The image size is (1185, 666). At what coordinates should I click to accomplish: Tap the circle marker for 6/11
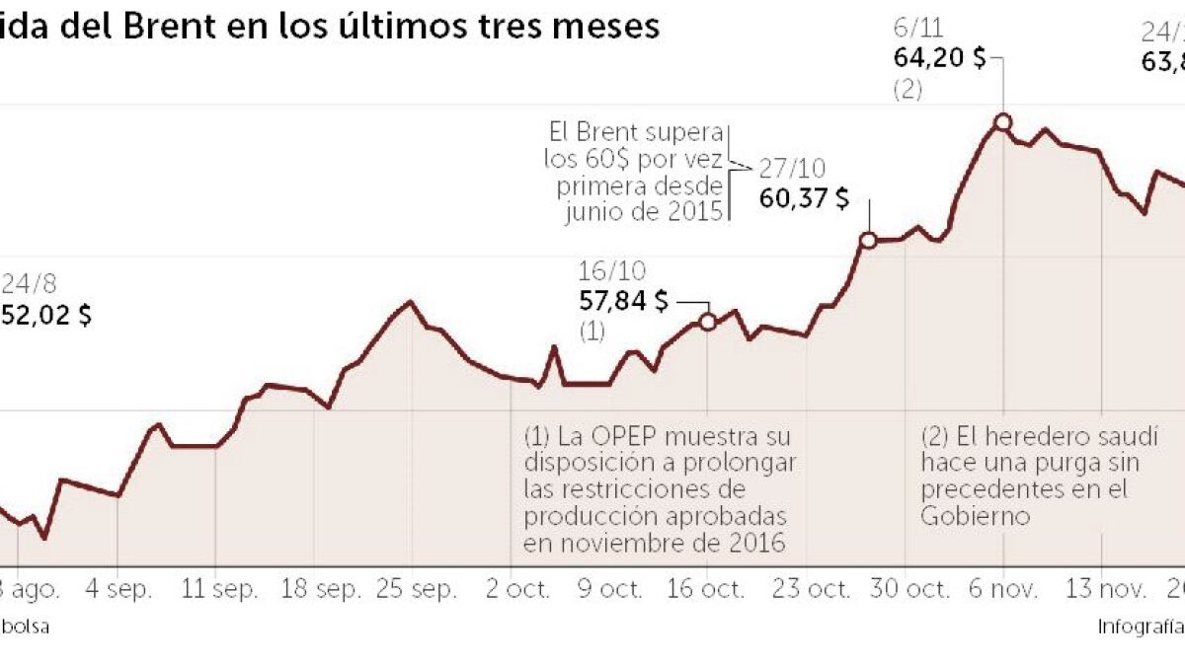pyautogui.click(x=1002, y=122)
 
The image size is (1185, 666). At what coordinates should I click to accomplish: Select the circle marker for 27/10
pyautogui.click(x=868, y=240)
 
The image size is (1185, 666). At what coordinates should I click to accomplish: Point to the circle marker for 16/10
pyautogui.click(x=707, y=322)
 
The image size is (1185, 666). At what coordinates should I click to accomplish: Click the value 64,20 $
pyautogui.click(x=939, y=58)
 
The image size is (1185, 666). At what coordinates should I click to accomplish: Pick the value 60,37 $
pyautogui.click(x=804, y=197)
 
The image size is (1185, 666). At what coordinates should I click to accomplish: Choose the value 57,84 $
pyautogui.click(x=623, y=301)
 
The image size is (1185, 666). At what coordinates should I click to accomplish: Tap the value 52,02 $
pyautogui.click(x=46, y=317)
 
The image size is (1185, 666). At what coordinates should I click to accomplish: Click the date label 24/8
pyautogui.click(x=29, y=285)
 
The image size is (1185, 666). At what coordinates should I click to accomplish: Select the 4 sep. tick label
pyautogui.click(x=118, y=590)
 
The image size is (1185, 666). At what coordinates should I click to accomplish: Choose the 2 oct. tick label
pyautogui.click(x=511, y=590)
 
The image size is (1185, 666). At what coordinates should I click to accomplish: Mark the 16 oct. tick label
pyautogui.click(x=707, y=590)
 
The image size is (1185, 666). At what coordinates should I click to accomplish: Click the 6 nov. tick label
pyautogui.click(x=1003, y=590)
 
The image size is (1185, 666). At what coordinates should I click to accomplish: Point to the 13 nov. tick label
pyautogui.click(x=1101, y=590)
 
